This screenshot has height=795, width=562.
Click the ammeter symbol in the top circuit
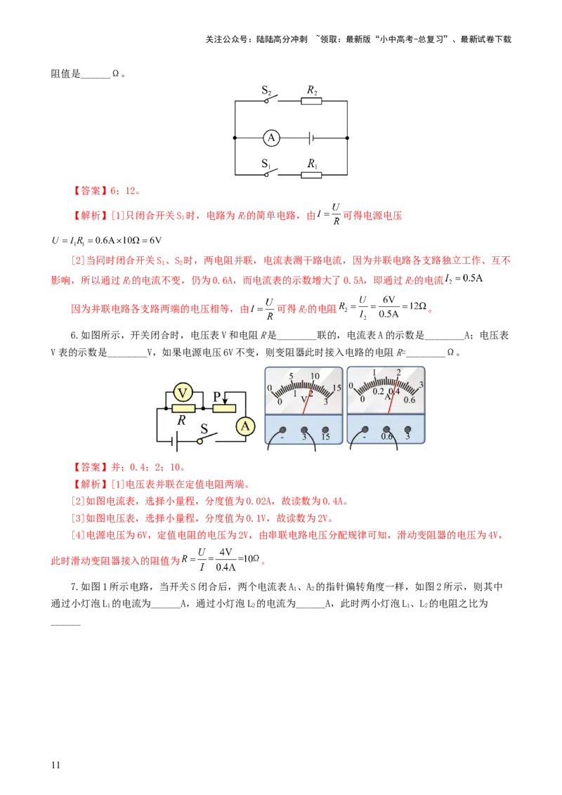coord(271,138)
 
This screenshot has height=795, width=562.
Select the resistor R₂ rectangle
coord(311,101)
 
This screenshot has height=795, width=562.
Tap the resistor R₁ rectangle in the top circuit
coord(311,176)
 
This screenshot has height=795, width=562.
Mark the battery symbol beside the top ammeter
coord(311,138)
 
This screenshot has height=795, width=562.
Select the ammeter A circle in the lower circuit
coord(245,426)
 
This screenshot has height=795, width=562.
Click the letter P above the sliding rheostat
coord(217,397)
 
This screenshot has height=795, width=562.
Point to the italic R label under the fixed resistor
coord(181,420)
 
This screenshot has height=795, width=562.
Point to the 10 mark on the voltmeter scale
coord(315,376)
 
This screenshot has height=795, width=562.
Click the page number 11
coord(55,765)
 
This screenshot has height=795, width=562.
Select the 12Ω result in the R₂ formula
coord(418,306)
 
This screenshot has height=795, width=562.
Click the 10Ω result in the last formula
coord(251,559)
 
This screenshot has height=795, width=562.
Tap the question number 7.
coord(74,586)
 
